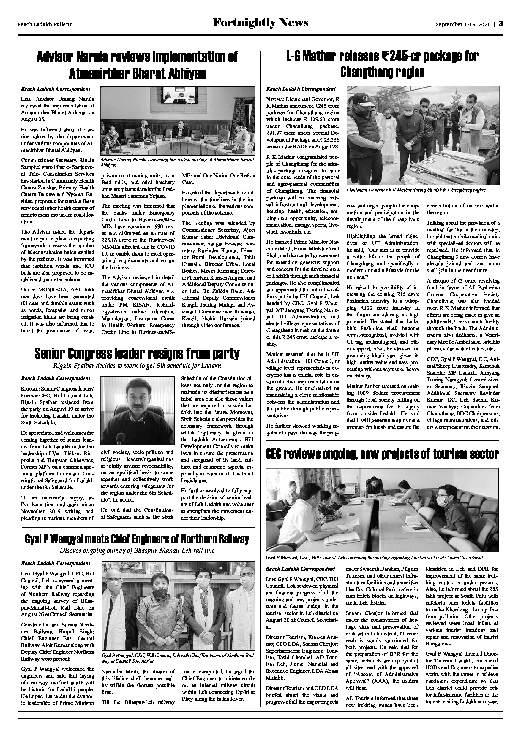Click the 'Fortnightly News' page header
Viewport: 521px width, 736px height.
click(260, 23)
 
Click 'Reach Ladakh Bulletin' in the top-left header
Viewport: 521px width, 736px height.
click(45, 24)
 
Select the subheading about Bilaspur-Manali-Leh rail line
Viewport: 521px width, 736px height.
click(137, 551)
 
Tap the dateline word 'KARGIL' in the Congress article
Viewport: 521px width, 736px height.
click(28, 388)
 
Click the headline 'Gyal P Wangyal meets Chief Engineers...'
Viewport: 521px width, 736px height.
click(137, 539)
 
